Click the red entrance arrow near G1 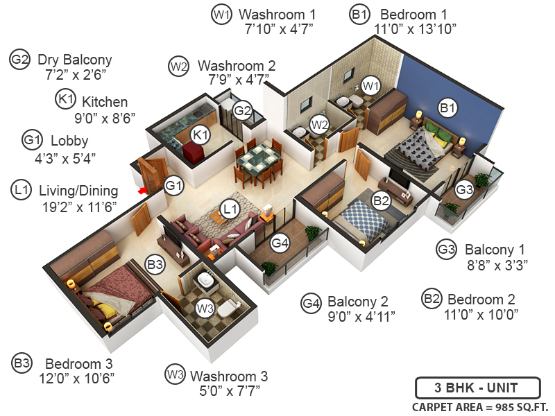click(143, 189)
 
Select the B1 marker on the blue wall click(447, 107)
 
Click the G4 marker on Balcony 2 click(280, 243)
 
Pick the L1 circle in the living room click(230, 207)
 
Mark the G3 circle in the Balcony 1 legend click(447, 248)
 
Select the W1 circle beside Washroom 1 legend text click(221, 14)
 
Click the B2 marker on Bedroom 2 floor click(381, 200)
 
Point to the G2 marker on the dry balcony click(241, 110)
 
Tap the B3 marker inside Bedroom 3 click(155, 263)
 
